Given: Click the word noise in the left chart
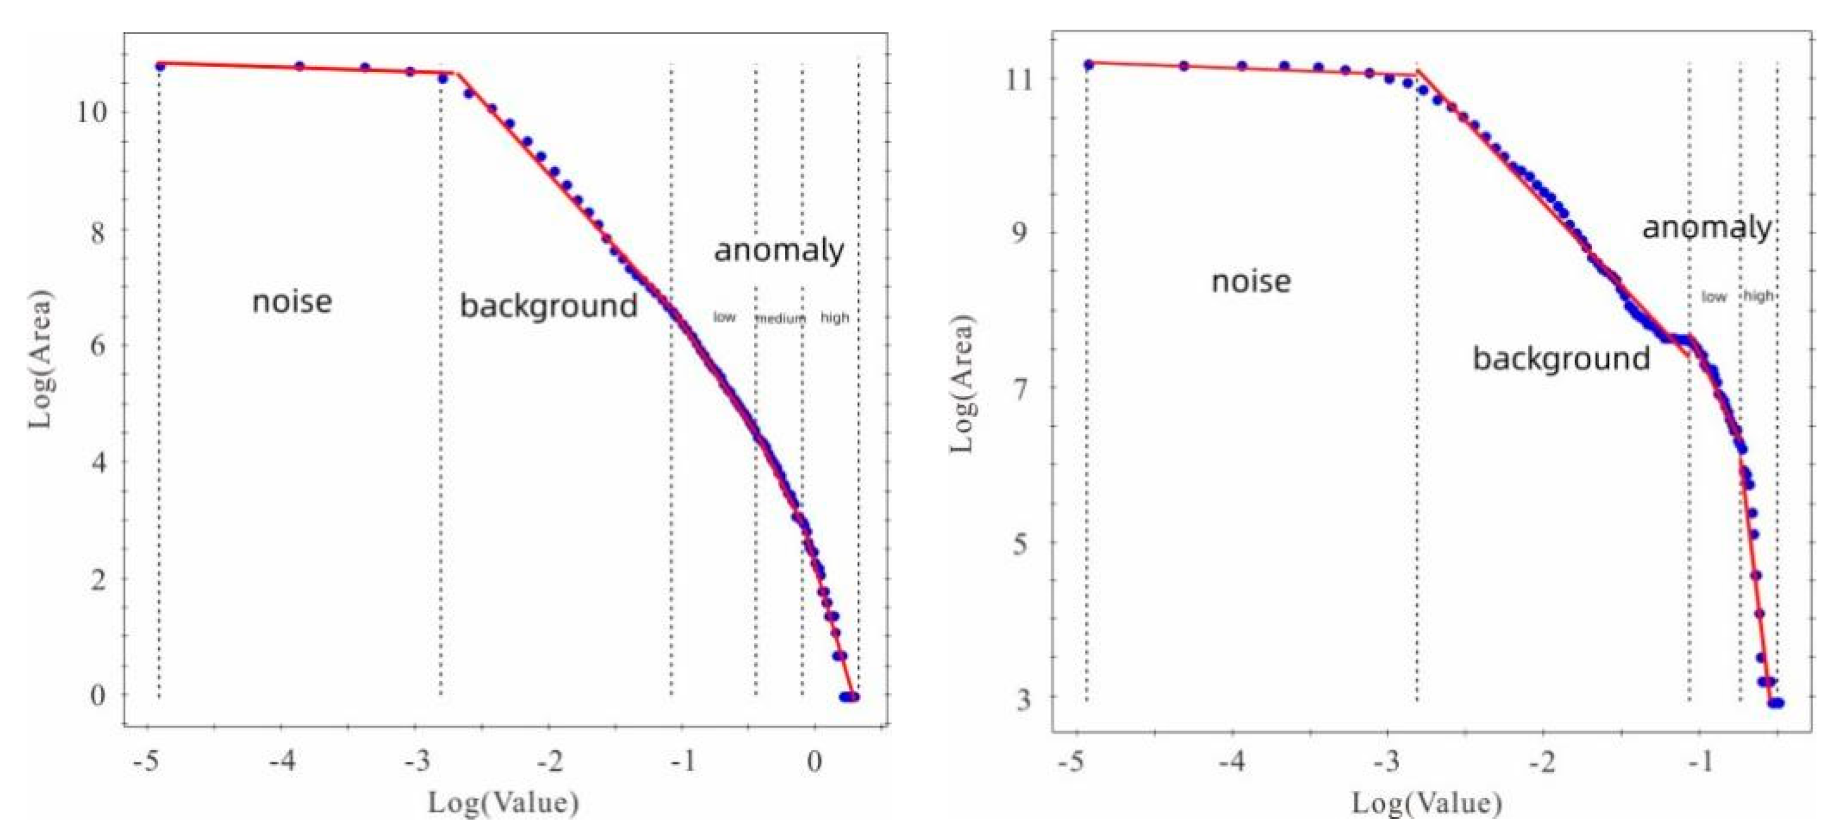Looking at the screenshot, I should click(x=292, y=301).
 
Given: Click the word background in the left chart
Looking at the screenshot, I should click(x=548, y=306).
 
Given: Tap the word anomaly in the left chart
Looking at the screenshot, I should click(x=779, y=250).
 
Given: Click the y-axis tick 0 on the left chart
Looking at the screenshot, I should click(x=97, y=695).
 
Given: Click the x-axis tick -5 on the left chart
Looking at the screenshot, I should click(x=145, y=761).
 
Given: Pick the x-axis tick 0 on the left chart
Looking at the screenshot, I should click(x=814, y=761).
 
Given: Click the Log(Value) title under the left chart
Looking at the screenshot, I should click(x=503, y=803).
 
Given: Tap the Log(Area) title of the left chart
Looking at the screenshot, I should click(x=41, y=358).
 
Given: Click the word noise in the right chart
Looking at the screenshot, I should click(x=1251, y=281).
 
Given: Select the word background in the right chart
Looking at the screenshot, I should click(x=1561, y=358).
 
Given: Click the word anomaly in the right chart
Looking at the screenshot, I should click(x=1706, y=228).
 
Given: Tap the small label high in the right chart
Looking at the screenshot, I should click(x=1758, y=295).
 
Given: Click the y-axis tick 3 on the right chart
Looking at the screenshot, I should click(x=1024, y=699).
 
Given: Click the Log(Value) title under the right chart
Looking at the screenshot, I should click(x=1426, y=803).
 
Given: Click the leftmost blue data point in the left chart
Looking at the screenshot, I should click(x=159, y=66).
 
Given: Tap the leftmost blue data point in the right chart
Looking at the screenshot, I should click(x=1088, y=65).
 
